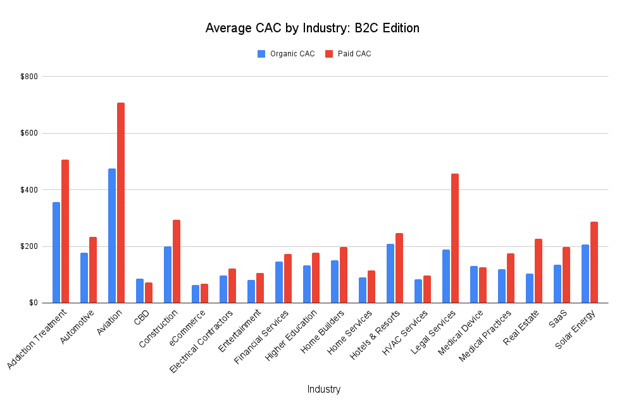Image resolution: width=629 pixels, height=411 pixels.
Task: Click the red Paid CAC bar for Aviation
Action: click(121, 203)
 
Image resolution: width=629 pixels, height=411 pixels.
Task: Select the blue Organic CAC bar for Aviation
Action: click(112, 236)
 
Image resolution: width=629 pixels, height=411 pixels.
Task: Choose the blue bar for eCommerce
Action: click(196, 294)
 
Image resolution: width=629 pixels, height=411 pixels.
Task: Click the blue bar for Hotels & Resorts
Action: click(390, 273)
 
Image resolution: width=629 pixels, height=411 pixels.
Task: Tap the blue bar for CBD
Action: click(140, 291)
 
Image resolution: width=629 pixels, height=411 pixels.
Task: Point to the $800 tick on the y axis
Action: click(29, 77)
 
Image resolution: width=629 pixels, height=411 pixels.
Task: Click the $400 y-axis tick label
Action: click(29, 190)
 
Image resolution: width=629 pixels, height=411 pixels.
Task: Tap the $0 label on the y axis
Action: click(33, 303)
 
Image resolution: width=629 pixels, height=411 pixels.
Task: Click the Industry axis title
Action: click(323, 389)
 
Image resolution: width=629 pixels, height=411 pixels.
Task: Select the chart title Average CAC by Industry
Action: click(313, 28)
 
